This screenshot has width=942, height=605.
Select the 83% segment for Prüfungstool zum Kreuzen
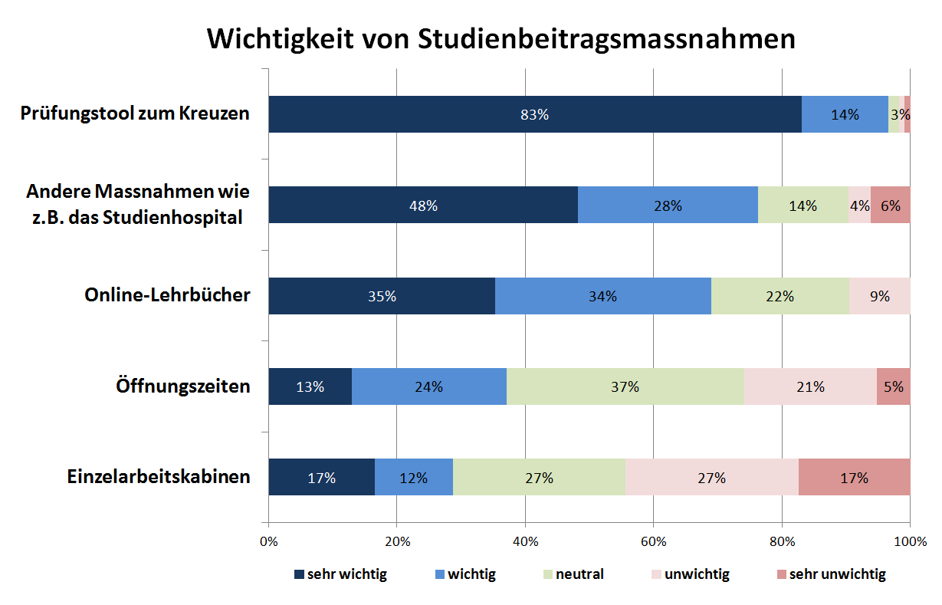point(534,114)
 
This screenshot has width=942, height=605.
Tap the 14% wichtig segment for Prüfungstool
point(845,114)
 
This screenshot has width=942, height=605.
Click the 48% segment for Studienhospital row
point(423,205)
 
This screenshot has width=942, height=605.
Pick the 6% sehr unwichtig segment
point(891,205)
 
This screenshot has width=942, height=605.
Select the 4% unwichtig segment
point(859,205)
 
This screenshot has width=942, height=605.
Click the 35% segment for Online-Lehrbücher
point(382,296)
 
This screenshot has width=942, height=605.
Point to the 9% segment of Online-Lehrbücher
point(879,296)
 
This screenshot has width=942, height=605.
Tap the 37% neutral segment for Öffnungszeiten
point(625,386)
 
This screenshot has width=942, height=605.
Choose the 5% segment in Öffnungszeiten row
point(894,386)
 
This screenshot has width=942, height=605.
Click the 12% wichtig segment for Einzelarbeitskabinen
point(414,477)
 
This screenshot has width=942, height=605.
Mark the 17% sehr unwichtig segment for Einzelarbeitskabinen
point(854,477)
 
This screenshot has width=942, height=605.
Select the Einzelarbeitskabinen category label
point(157,476)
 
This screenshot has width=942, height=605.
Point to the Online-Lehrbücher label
point(167,295)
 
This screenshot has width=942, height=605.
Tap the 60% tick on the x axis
point(653,542)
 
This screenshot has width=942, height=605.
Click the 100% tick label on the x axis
point(909,542)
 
